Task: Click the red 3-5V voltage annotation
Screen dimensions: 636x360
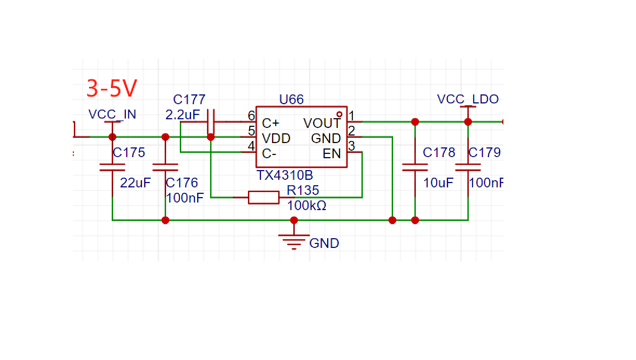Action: coord(112,88)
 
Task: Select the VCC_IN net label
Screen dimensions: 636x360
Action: coord(112,114)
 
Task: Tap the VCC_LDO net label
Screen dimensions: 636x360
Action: coord(468,99)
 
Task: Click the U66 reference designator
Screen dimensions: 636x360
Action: coord(292,99)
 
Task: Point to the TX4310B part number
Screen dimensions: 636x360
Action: coord(285,175)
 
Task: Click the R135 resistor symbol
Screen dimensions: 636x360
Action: coord(264,197)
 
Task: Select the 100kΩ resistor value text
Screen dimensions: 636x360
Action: coord(307,205)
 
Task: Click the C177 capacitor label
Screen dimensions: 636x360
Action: coord(189,99)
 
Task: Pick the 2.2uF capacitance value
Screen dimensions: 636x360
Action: coord(182,115)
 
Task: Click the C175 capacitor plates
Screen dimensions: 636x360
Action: coord(112,167)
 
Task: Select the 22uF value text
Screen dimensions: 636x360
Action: coord(135,183)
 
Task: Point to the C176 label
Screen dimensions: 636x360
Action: coord(182,183)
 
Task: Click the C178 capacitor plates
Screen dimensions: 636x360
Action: coord(415,167)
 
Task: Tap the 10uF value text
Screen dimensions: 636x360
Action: coord(438,183)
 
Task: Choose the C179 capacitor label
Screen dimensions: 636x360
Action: coord(485,152)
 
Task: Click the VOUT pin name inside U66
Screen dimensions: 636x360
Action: coord(322,123)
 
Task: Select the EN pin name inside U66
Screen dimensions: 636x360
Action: coord(332,154)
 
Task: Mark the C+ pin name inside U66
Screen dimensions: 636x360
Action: coord(271,123)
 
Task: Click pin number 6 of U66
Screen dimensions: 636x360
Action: coord(252,116)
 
